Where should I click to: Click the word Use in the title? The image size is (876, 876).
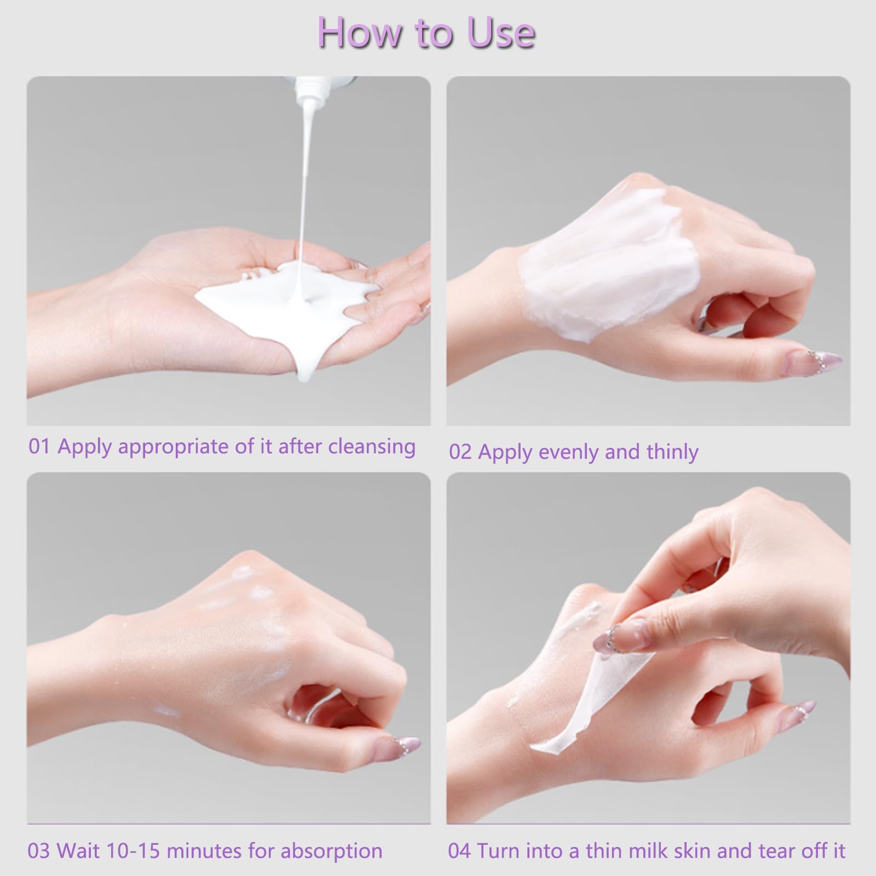pos(501,32)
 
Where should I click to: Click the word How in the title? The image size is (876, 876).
pos(359,32)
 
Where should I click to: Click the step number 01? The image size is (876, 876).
pos(39,446)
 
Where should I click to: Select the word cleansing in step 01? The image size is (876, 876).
pos(372,446)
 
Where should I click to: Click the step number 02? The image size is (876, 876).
pos(460,452)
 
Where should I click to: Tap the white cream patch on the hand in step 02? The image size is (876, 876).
pos(608,257)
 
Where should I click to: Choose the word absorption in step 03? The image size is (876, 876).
pos(331,852)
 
